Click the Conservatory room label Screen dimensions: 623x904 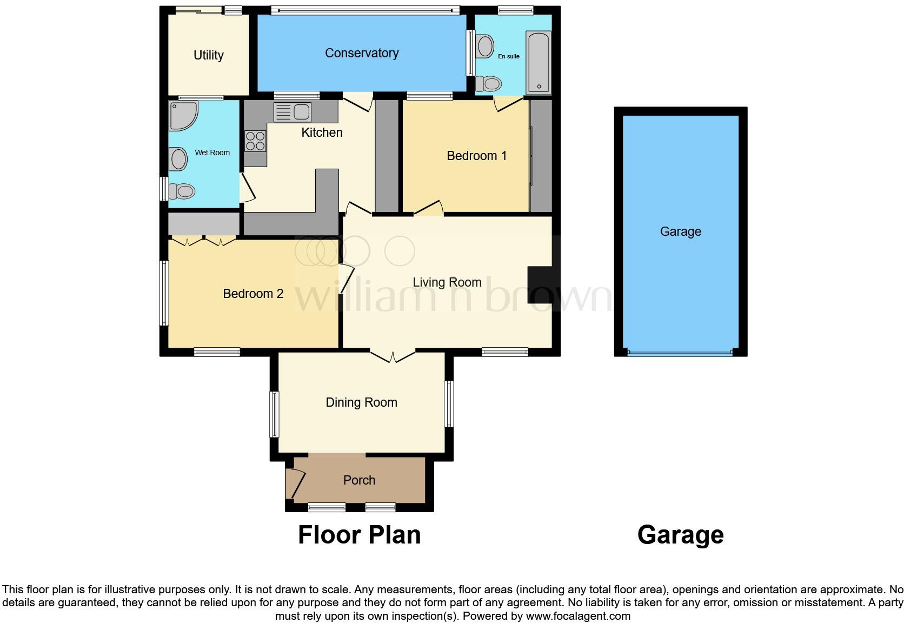click(x=361, y=53)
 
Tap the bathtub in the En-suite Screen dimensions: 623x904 click(x=538, y=63)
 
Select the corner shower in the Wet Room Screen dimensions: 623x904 click(x=182, y=115)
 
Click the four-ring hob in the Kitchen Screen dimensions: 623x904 click(x=255, y=141)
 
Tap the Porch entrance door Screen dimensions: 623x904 click(x=296, y=483)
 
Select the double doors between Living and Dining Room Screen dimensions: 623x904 click(x=393, y=356)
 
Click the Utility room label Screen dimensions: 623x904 click(x=208, y=55)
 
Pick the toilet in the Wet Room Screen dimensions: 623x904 click(x=182, y=191)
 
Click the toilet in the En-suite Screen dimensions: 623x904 click(x=489, y=84)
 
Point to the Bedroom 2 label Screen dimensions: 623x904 click(x=253, y=294)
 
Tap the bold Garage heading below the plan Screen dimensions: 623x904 click(x=680, y=535)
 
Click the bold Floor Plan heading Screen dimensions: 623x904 click(x=359, y=535)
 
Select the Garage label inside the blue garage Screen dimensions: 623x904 click(x=680, y=231)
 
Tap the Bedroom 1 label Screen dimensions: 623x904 click(x=476, y=156)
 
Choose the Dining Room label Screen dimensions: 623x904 click(x=361, y=402)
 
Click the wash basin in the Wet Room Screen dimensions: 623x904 click(x=178, y=160)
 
